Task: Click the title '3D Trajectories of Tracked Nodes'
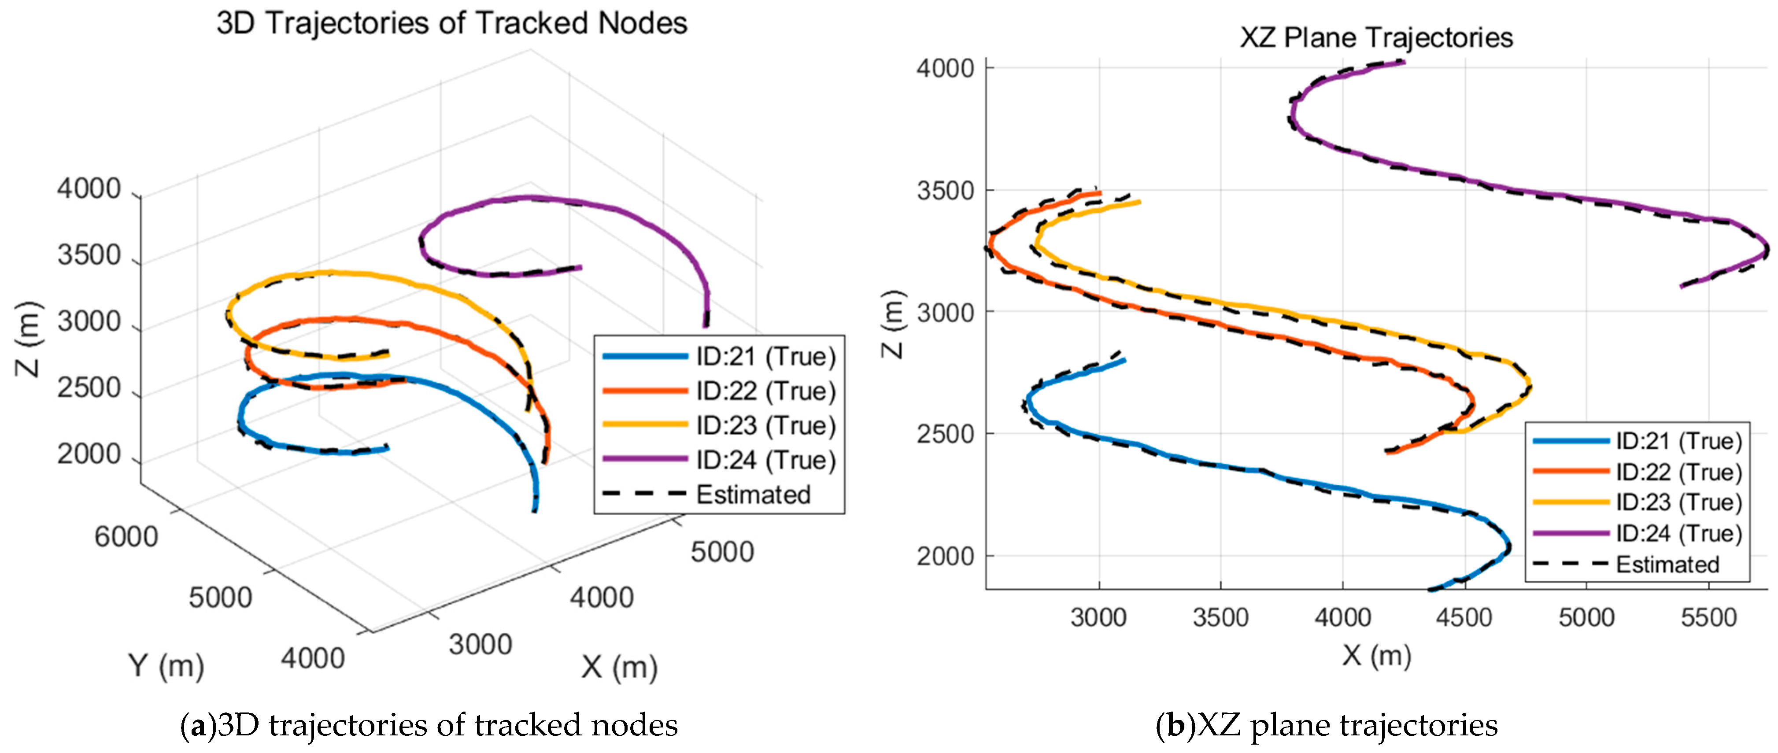[x=451, y=23]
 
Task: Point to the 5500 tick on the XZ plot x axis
[x=1708, y=617]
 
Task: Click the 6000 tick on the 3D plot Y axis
[x=126, y=536]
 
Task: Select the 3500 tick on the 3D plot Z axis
[x=89, y=255]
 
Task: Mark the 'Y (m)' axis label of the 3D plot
[x=166, y=666]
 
